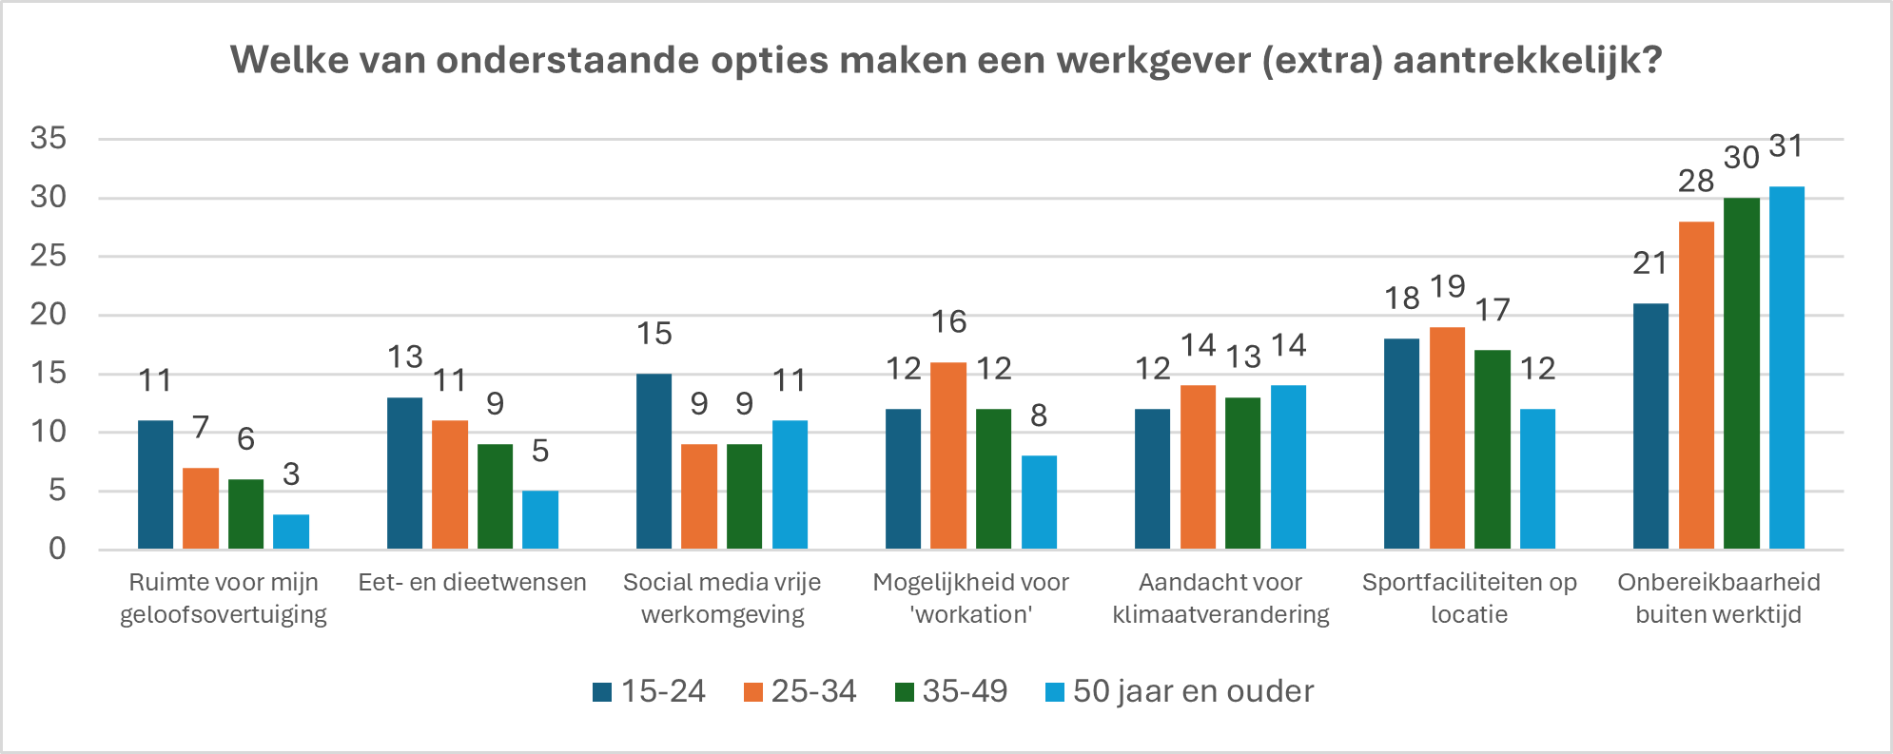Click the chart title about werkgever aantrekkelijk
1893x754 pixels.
click(946, 60)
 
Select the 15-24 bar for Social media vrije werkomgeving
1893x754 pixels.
click(654, 461)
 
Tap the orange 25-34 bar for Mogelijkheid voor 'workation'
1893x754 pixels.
click(947, 455)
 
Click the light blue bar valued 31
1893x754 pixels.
click(1786, 368)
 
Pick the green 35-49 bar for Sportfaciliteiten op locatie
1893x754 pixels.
click(1493, 450)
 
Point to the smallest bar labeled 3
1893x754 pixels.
click(291, 532)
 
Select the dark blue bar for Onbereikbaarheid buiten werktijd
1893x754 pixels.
click(1650, 426)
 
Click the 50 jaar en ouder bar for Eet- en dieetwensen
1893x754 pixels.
click(540, 520)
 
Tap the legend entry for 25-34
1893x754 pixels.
click(800, 691)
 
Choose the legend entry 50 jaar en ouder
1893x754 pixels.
click(1180, 691)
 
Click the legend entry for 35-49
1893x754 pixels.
click(951, 691)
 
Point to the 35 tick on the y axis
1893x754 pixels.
click(49, 139)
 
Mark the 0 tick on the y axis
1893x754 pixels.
click(57, 549)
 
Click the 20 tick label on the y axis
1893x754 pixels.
click(49, 315)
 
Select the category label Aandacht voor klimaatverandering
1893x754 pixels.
click(1220, 598)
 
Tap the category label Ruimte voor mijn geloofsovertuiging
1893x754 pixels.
click(223, 598)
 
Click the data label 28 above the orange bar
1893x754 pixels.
click(1696, 181)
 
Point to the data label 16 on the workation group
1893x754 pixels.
click(948, 322)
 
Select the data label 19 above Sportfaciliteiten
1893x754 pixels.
click(1448, 286)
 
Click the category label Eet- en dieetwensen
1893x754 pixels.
click(472, 582)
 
